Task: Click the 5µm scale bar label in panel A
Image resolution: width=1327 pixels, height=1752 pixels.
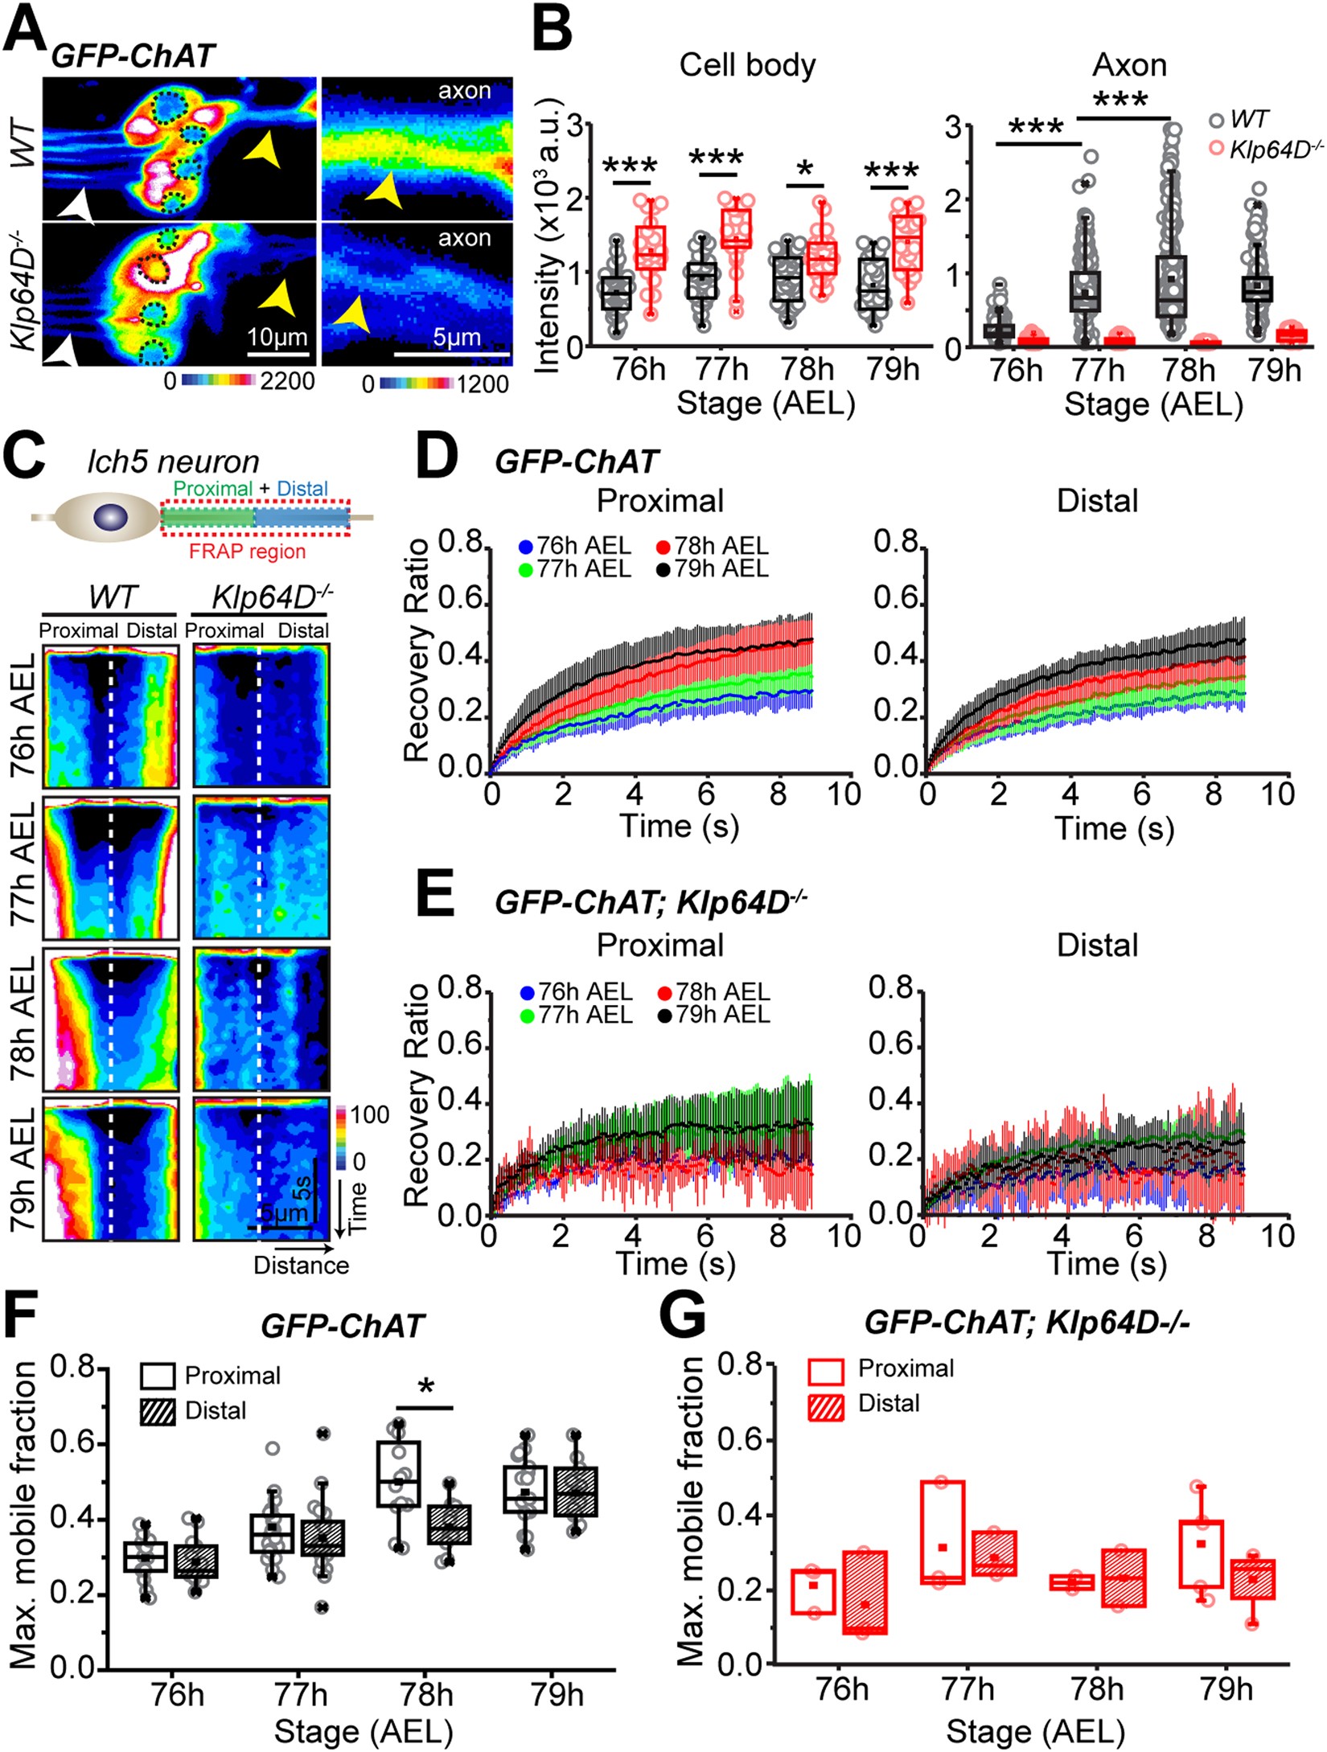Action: pos(456,338)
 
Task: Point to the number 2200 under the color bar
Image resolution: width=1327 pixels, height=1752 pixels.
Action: pos(286,381)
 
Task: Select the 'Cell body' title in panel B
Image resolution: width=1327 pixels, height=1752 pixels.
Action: pos(746,65)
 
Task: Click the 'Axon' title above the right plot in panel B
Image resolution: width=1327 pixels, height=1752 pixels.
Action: pos(1128,65)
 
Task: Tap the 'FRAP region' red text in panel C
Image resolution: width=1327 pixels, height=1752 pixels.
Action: pos(247,552)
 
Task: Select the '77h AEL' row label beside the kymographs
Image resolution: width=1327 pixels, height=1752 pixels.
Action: pos(24,866)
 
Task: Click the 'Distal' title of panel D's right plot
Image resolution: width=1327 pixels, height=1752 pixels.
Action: pos(1097,501)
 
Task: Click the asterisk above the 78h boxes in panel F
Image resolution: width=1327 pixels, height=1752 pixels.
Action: pos(426,1387)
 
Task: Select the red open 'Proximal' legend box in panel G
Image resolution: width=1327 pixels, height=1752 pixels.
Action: pos(826,1368)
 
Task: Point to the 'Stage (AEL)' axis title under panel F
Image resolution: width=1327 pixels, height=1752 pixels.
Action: pos(364,1730)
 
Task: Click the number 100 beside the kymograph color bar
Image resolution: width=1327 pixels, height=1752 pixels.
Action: pos(370,1114)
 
